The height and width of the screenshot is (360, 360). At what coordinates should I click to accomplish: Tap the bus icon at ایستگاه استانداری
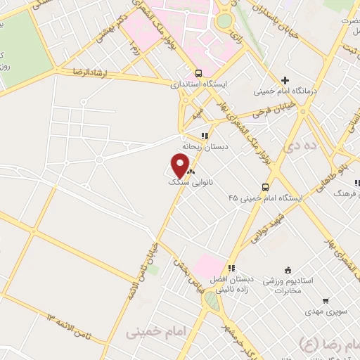pyautogui.click(x=198, y=73)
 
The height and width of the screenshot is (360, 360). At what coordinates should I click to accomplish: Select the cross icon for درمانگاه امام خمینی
pyautogui.click(x=285, y=80)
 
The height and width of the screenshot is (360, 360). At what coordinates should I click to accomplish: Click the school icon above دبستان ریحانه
pyautogui.click(x=205, y=136)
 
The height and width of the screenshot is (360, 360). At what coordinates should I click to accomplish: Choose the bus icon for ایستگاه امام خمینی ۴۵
pyautogui.click(x=266, y=187)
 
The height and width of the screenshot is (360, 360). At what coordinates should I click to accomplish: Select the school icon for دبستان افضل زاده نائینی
pyautogui.click(x=231, y=268)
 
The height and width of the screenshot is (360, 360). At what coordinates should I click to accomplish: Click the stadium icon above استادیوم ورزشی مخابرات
pyautogui.click(x=287, y=270)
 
